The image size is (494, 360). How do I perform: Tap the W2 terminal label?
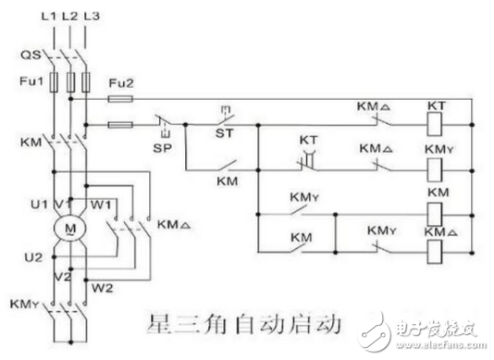(103, 286)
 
